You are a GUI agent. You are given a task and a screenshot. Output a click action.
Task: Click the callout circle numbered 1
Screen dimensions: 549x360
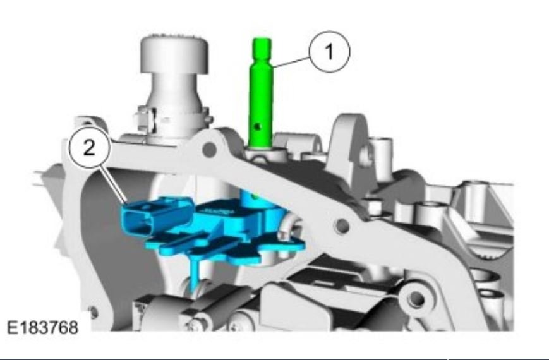[x=329, y=52]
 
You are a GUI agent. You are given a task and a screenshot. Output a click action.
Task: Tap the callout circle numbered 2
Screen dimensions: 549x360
[x=90, y=148]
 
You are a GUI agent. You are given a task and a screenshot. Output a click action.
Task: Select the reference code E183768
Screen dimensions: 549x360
[x=43, y=328]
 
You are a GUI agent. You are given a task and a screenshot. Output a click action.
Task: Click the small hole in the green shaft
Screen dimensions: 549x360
[x=258, y=126]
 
